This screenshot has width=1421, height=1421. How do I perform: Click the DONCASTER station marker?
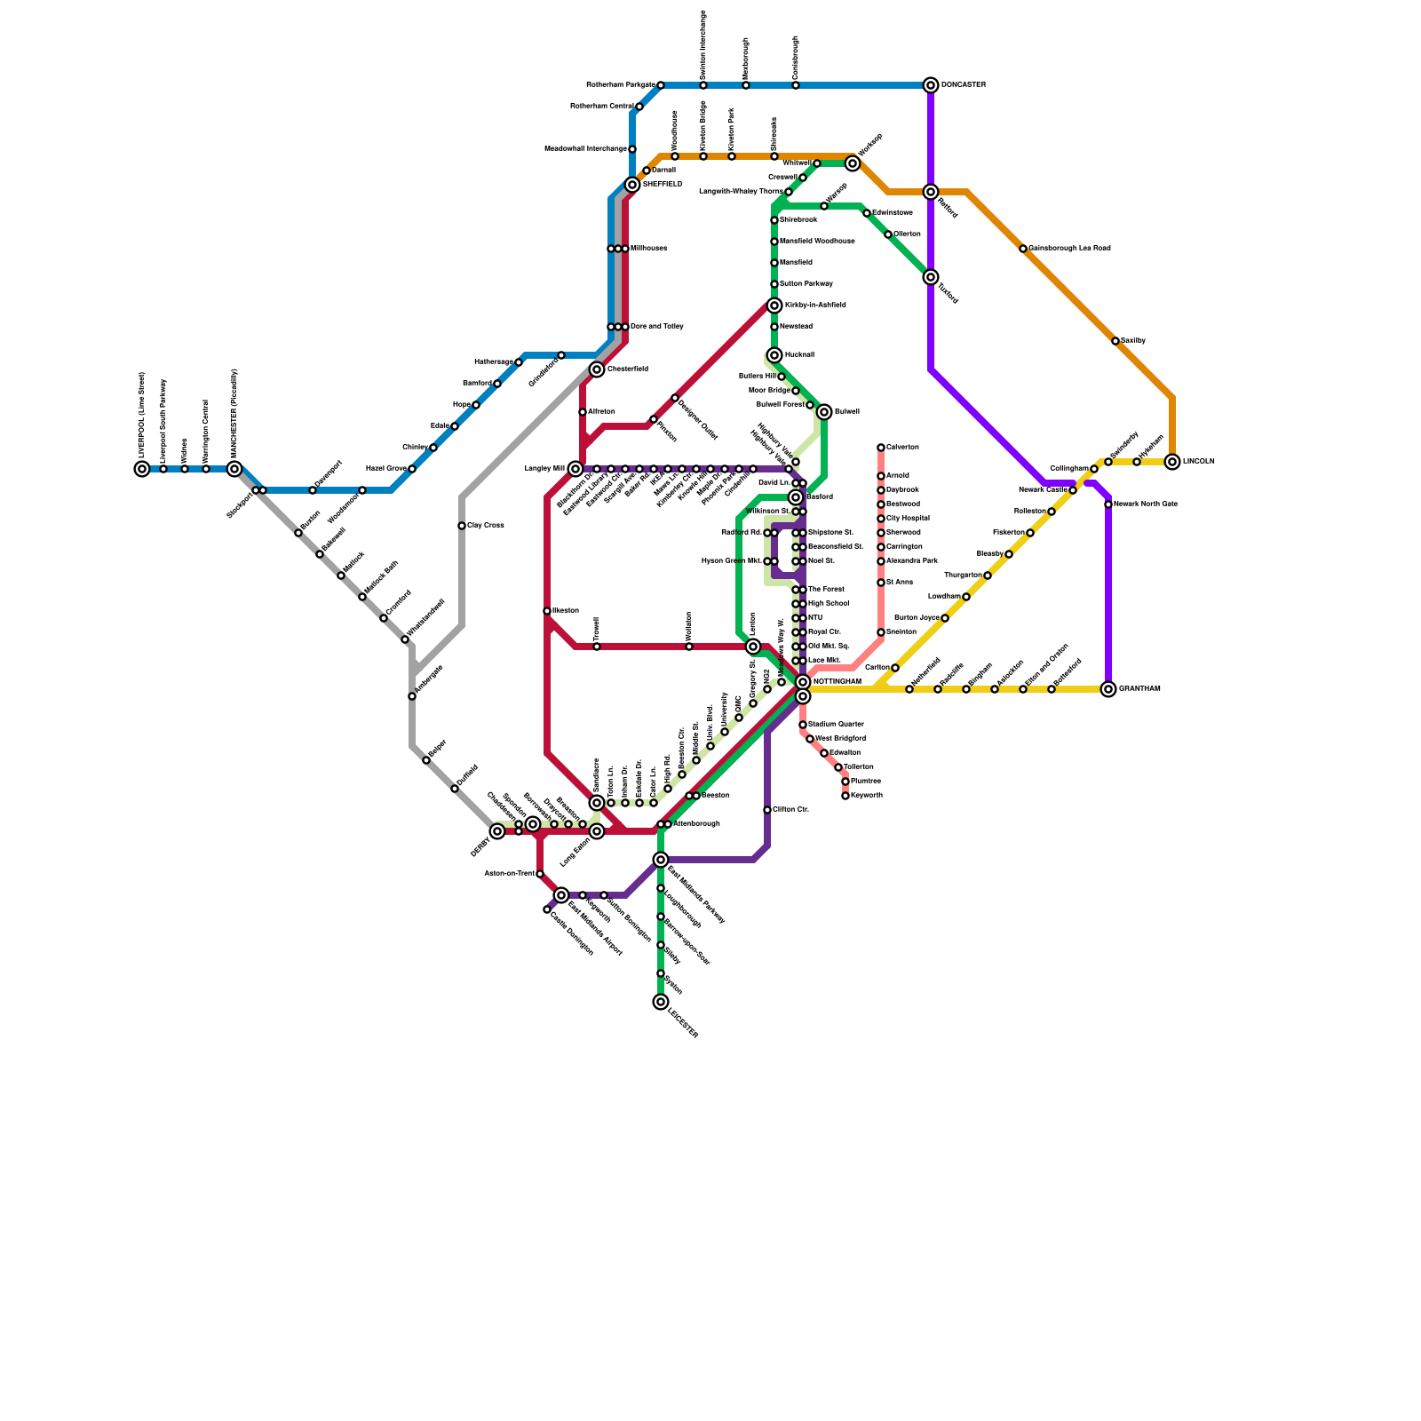coord(931,85)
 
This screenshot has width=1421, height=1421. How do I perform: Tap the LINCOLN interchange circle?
coord(1172,462)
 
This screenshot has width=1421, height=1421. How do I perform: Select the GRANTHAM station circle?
coord(1108,689)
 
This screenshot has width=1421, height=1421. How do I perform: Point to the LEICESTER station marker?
coord(661,1002)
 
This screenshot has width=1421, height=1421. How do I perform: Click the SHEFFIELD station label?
coord(663,185)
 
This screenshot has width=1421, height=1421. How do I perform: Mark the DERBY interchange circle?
coord(497,831)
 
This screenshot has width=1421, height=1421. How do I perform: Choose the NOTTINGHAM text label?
coord(837,682)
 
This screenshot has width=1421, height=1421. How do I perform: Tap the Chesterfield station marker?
coord(597,369)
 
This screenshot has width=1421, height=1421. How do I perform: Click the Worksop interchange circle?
coord(853,163)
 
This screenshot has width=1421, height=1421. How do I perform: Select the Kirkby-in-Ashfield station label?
coord(815,306)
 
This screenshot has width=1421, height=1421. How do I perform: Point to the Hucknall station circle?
coord(774,355)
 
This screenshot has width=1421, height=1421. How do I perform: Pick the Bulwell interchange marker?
coord(824,412)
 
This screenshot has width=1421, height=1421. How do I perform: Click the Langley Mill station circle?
coord(576,469)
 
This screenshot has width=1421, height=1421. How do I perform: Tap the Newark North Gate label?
coord(1146,504)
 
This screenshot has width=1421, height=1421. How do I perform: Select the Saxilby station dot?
coord(1115,341)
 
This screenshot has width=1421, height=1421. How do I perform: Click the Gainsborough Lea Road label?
coord(1069,249)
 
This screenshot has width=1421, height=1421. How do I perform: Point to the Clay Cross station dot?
coord(462,526)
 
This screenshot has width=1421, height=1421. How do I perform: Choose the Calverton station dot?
coord(881,448)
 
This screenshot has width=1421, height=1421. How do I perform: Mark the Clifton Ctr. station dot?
coord(767,810)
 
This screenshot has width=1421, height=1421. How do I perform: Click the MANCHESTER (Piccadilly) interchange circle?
coord(234,469)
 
